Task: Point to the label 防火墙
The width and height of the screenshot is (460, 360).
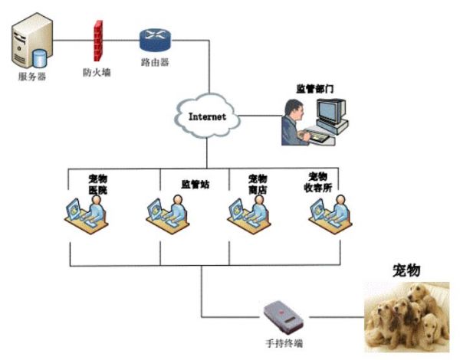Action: [x=97, y=73]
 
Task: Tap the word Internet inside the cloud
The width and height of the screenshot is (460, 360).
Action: [x=208, y=116]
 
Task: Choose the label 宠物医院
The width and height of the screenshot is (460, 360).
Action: [x=97, y=184]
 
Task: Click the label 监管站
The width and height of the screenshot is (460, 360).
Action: [x=195, y=184]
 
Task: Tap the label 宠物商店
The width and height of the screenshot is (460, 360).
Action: [x=257, y=184]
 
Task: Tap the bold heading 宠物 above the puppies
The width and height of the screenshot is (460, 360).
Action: [x=406, y=270]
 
